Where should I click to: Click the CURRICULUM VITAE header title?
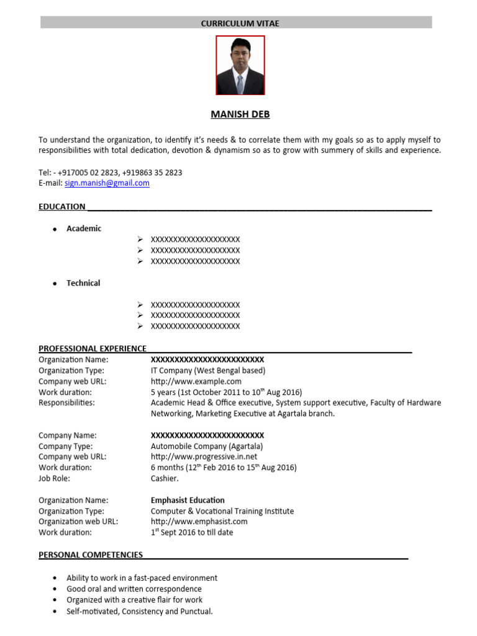[240, 23]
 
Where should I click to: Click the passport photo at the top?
[240, 65]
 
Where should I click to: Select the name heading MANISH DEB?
[240, 115]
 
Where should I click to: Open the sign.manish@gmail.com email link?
[107, 183]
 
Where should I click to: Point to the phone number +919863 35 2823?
[152, 173]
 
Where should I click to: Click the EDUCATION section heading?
[62, 207]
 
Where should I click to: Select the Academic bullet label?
[84, 229]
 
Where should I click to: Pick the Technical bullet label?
[83, 283]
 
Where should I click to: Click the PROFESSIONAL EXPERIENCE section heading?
[93, 348]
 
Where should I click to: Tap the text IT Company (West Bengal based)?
[208, 371]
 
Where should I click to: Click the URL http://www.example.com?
[196, 381]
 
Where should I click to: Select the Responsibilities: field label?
[66, 402]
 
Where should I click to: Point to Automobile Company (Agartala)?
[207, 447]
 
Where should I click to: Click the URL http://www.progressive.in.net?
[204, 457]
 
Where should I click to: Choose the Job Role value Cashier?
[165, 479]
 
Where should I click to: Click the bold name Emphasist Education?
[188, 500]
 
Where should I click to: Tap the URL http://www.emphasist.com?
[199, 522]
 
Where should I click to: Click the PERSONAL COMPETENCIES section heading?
[91, 555]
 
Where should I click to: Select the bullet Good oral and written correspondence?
[134, 589]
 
